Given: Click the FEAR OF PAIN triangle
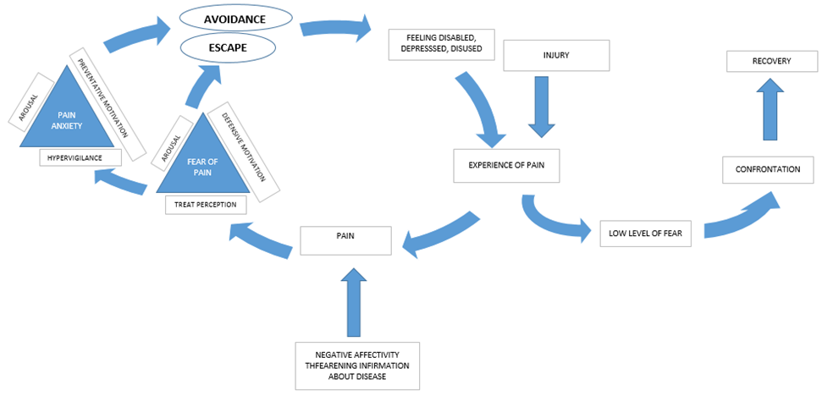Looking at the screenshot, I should tap(200, 159).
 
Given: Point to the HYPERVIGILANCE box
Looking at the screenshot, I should tap(80, 157).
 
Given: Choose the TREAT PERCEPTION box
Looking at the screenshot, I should tap(205, 204).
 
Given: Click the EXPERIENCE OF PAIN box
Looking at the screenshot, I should tap(506, 165).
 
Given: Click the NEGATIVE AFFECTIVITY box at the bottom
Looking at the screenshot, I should tap(356, 366).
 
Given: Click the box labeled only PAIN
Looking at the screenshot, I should tap(346, 240).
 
